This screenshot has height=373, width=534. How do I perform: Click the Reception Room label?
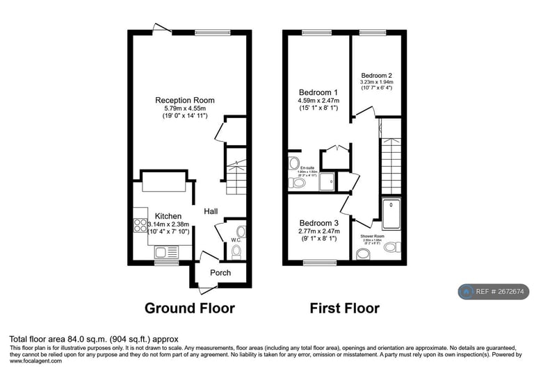tap(184, 100)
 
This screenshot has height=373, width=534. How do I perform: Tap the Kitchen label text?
tap(168, 216)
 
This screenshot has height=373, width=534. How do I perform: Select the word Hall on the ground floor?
tap(211, 210)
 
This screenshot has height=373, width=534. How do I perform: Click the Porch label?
tap(220, 273)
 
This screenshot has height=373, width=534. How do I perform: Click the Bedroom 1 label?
tap(318, 92)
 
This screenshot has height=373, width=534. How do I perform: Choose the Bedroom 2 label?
tap(376, 75)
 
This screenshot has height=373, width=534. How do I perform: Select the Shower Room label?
tap(372, 236)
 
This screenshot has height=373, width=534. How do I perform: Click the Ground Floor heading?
tap(189, 308)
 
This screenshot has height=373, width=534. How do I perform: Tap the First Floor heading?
tap(345, 308)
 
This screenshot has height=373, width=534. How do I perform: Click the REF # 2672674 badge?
tap(494, 292)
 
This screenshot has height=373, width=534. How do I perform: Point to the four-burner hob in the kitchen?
tap(140, 225)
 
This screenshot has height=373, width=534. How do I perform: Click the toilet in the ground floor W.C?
tap(236, 251)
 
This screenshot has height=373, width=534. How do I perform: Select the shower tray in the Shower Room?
tap(391, 214)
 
